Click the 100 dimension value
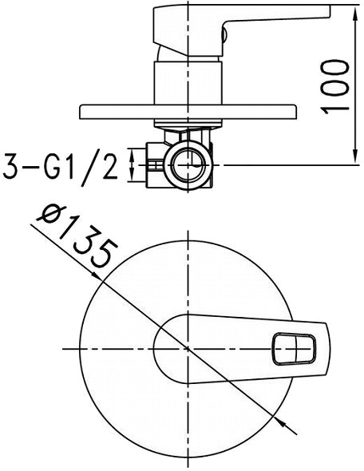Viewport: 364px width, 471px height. coord(334,87)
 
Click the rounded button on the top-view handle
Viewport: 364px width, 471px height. coord(294,349)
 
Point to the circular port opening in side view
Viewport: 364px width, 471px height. coord(188,165)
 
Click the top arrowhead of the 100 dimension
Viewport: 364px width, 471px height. coord(355,14)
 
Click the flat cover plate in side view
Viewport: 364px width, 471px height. coord(188,112)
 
